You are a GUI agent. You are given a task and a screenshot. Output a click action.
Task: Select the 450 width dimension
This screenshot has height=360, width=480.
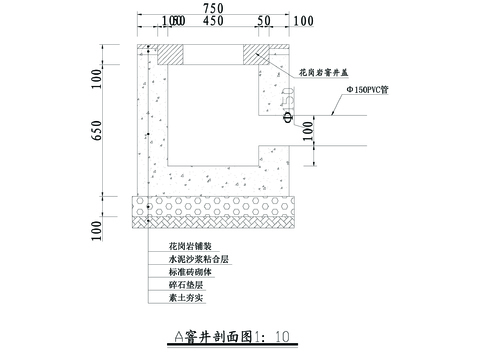coord(212,21)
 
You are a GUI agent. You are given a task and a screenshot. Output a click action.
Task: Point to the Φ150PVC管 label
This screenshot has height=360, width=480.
coord(370,89)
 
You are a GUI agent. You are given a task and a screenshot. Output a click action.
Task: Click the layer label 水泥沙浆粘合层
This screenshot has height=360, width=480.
coord(192,258)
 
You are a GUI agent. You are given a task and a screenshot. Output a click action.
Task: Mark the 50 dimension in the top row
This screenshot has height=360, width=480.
coord(263,21)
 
